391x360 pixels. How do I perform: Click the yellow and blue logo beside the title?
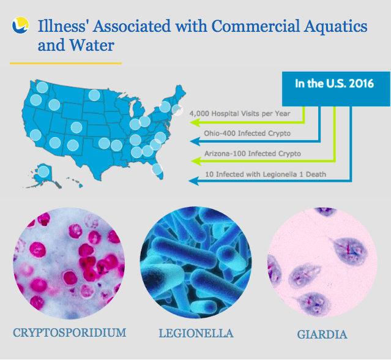[x=20, y=25]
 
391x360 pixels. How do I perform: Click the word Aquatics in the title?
[x=335, y=26]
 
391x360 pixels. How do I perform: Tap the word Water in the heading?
[x=92, y=45]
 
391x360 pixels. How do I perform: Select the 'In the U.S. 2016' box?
[x=336, y=89]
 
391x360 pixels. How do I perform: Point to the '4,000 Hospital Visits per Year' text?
[x=240, y=113]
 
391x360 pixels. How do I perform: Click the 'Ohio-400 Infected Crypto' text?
[x=247, y=133]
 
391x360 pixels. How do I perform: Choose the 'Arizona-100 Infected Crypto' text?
[x=253, y=154]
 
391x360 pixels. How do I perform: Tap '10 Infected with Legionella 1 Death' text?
[x=266, y=174]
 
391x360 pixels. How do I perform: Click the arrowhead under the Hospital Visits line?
[x=195, y=122]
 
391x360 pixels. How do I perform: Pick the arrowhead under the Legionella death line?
[x=193, y=181]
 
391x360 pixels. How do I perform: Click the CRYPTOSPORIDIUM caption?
[x=70, y=332]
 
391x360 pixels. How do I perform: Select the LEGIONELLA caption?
[x=196, y=333]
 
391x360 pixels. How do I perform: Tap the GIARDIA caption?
[x=322, y=334]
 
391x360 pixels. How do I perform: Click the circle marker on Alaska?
[x=43, y=171]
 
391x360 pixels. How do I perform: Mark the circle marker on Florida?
[x=157, y=169]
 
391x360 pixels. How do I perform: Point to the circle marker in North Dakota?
[x=94, y=95]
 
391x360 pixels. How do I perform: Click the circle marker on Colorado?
[x=76, y=127]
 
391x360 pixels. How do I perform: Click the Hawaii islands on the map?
[x=74, y=182]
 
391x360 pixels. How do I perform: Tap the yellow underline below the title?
[x=66, y=64]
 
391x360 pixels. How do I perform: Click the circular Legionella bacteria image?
[x=196, y=263]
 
